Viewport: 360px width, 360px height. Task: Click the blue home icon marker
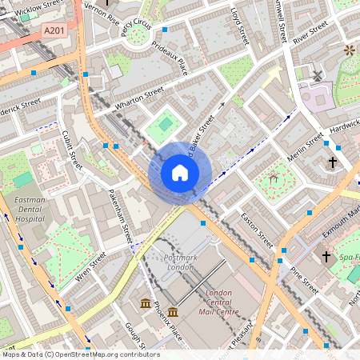(x=180, y=173)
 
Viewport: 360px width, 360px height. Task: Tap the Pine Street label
(x=305, y=281)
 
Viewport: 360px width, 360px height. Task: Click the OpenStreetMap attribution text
(x=80, y=354)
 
